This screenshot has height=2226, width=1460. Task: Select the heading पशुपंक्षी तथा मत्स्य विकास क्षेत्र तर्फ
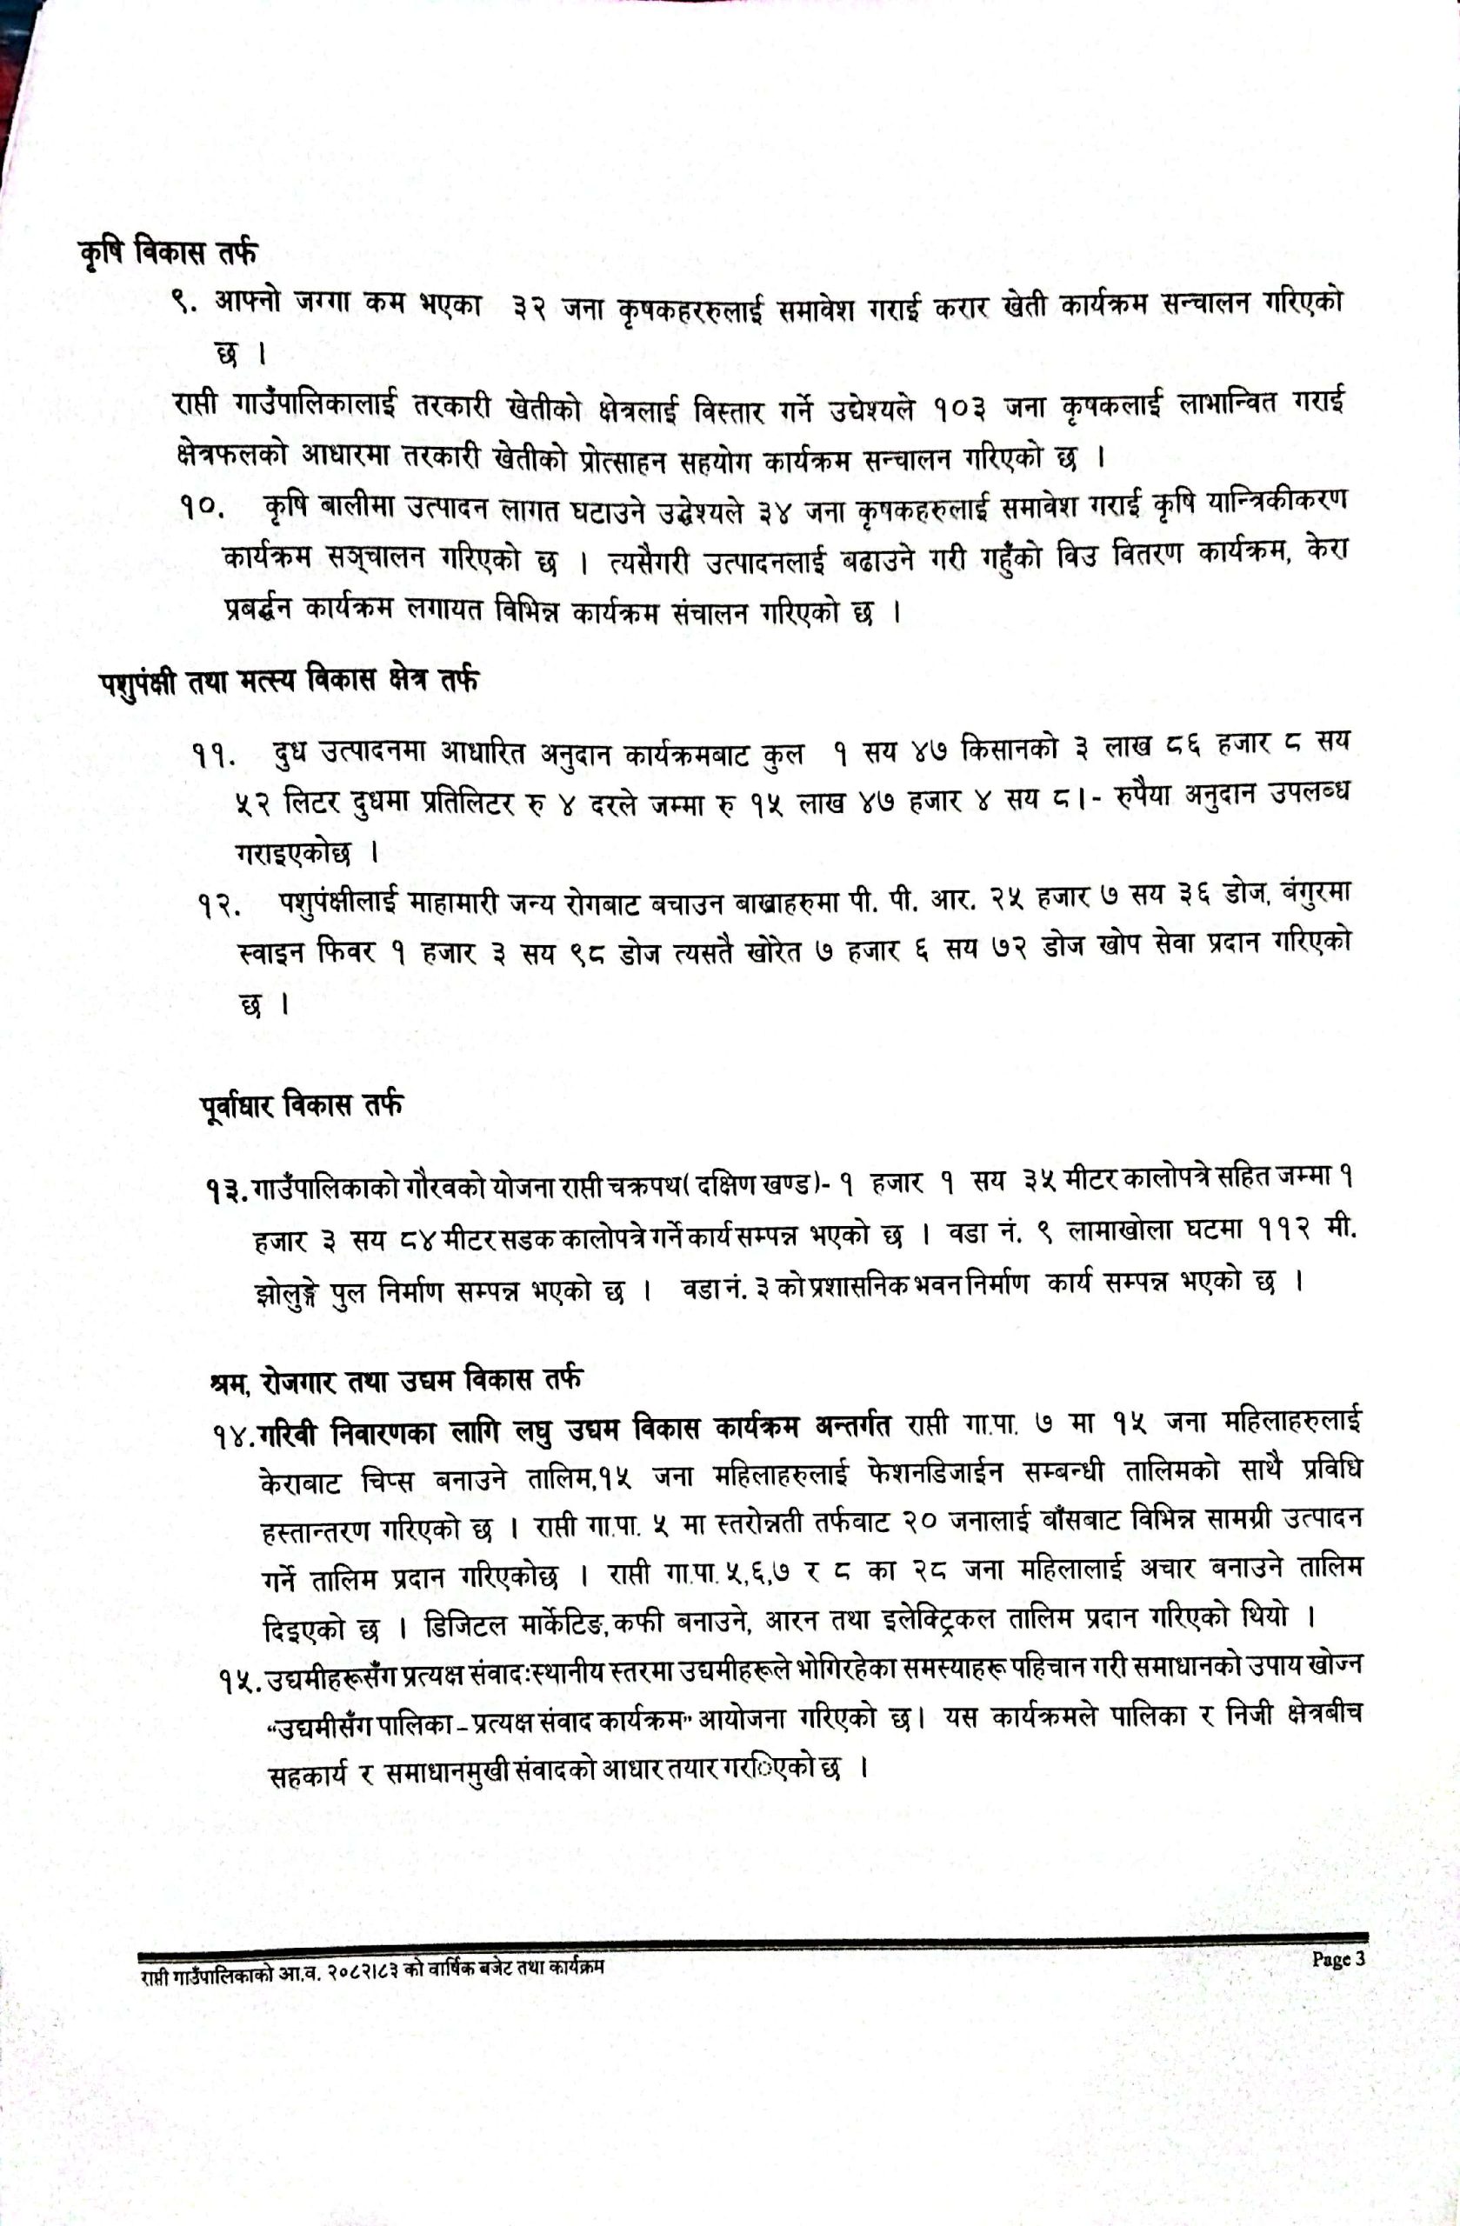(289, 680)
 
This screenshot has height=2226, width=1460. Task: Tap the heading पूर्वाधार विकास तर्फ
(301, 1105)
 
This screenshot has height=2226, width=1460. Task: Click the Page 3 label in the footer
(1337, 1959)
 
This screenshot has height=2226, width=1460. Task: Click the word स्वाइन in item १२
(270, 953)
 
